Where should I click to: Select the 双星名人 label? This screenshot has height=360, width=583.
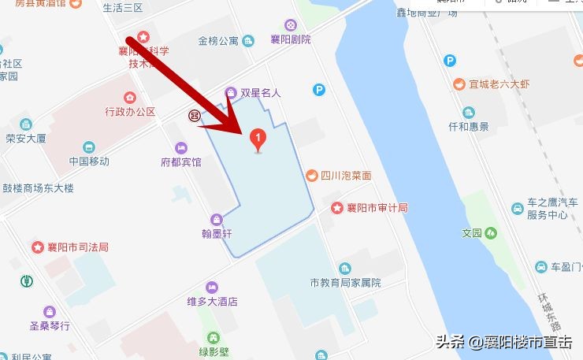point(260,93)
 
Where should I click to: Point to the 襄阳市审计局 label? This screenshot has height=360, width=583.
point(379,208)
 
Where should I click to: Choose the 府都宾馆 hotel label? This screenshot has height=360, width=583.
point(180,162)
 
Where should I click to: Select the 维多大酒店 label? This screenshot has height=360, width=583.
point(212,302)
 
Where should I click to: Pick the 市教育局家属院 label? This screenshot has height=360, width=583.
point(345,283)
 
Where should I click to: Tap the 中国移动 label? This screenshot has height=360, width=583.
point(88,161)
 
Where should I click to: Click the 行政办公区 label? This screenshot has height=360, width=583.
point(130,112)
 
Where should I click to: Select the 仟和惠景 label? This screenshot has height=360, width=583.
point(469,126)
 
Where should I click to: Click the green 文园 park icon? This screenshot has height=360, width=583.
point(491,232)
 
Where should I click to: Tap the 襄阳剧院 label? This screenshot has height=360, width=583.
point(290,39)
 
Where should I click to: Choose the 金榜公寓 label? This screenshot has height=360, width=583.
point(218,41)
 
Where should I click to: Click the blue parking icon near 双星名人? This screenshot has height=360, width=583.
point(318,91)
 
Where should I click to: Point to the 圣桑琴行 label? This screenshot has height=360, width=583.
point(50,325)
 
